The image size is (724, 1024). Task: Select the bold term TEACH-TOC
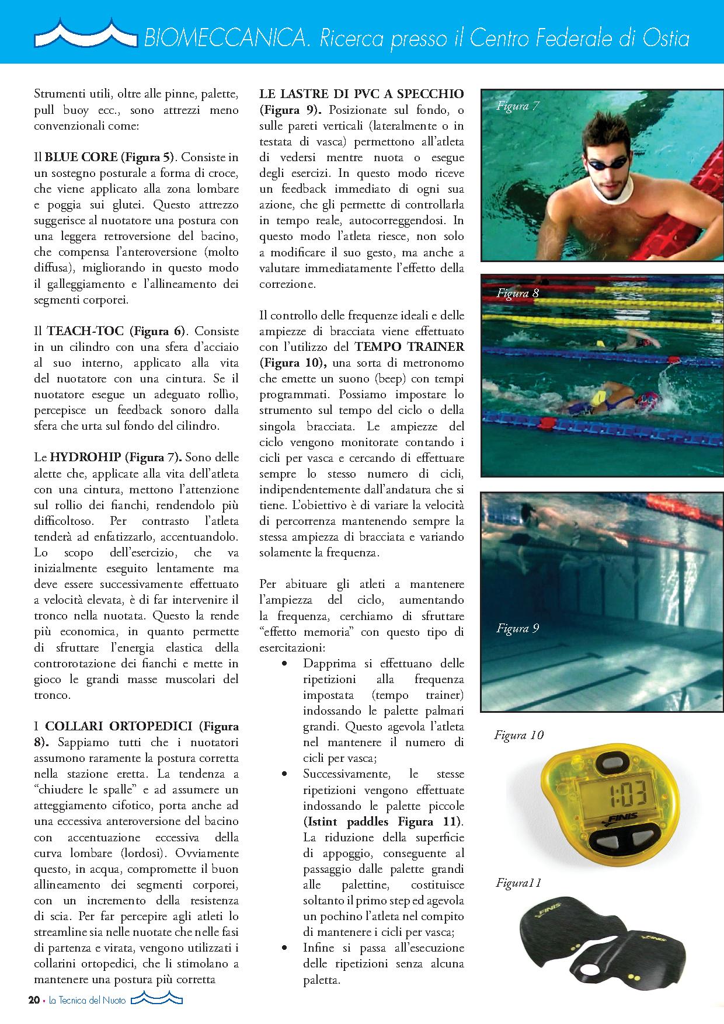85,331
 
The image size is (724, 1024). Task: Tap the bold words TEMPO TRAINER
409,347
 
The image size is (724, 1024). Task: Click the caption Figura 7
518,106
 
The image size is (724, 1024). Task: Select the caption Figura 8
517,293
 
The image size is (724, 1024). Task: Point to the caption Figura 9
517,628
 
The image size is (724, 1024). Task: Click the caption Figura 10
518,735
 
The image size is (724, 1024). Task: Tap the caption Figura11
518,883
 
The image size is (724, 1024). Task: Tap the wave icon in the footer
156,1000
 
